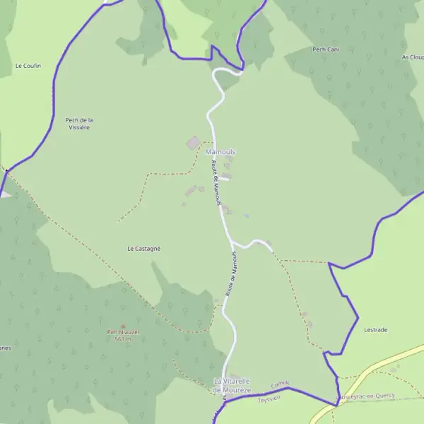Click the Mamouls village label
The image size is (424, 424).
click(220, 152)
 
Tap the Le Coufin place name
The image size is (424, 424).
click(28, 66)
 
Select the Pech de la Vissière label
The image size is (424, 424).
click(79, 124)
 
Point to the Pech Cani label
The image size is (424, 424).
click(326, 49)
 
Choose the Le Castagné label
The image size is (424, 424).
click(143, 249)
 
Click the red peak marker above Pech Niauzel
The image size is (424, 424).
click(122, 326)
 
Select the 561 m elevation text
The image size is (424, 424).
click(123, 339)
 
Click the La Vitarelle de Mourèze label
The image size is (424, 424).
click(232, 385)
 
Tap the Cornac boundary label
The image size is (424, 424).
click(281, 386)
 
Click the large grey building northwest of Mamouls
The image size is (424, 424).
click(192, 143)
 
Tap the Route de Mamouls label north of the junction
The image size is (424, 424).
click(217, 182)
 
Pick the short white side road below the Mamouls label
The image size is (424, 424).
click(223, 179)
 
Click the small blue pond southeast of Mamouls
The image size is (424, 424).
click(246, 216)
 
